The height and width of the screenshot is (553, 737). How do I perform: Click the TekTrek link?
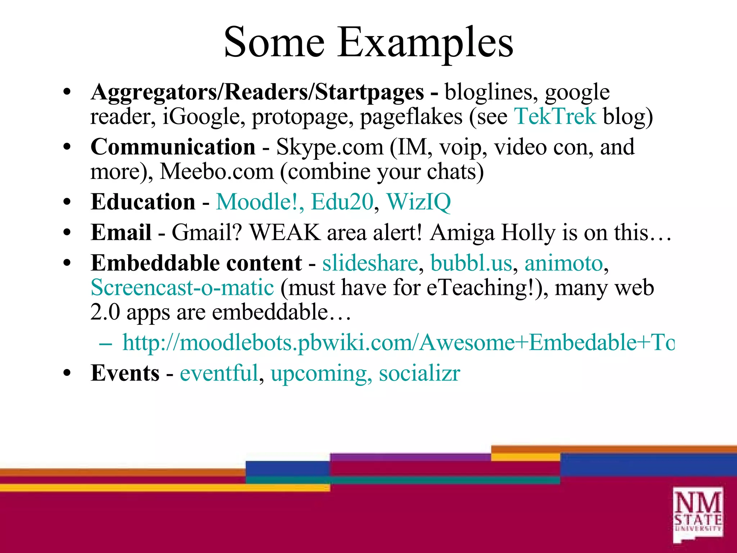555,117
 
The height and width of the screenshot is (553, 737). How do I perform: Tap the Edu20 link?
342,202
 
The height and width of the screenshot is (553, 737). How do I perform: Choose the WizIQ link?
418,202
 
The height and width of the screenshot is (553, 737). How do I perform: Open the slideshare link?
370,263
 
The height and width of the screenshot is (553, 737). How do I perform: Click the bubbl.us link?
471,263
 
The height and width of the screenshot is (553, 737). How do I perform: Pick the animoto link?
564,263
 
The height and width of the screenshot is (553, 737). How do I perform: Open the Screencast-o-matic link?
182,288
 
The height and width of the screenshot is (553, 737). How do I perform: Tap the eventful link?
219,373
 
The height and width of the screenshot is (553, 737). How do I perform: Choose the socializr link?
419,373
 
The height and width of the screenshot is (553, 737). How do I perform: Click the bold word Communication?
173,147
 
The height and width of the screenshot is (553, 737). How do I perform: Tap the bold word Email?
121,232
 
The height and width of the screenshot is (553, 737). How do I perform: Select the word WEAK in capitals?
285,232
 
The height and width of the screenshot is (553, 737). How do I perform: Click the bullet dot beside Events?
67,374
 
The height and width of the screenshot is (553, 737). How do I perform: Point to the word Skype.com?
330,148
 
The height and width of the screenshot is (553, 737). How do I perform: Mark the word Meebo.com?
217,172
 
